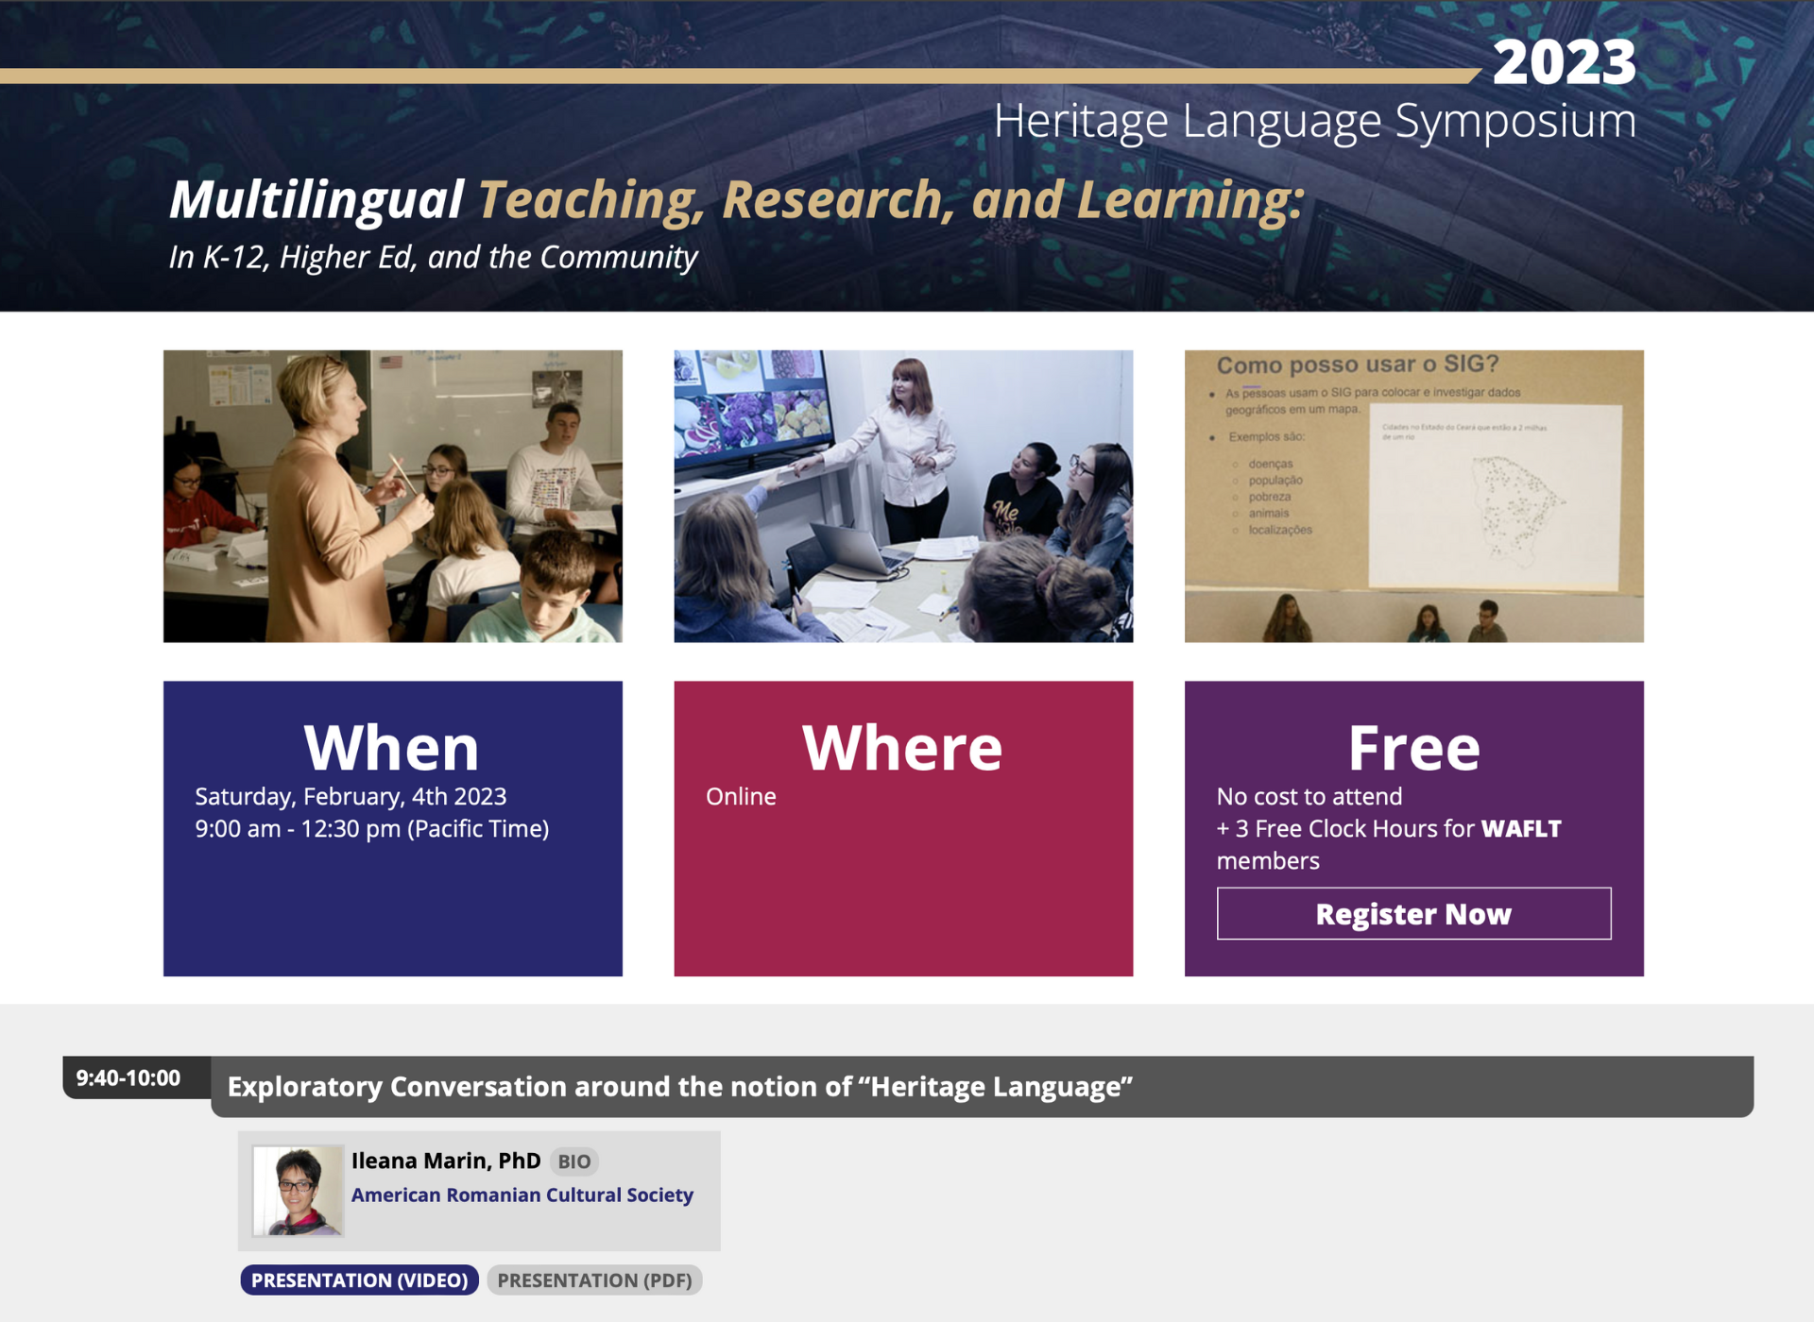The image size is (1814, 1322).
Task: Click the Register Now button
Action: coord(1413,913)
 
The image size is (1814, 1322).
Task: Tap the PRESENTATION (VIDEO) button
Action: coord(359,1280)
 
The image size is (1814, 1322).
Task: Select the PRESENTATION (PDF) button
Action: coord(594,1280)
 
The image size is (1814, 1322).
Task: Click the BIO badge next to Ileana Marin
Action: coord(573,1161)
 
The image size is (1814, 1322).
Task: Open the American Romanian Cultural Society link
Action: coord(522,1195)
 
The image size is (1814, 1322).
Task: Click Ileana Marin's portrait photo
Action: coord(298,1190)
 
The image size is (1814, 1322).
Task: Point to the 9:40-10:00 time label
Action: coord(128,1077)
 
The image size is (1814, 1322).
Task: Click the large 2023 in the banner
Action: coord(1564,62)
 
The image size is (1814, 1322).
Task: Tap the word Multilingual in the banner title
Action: coord(316,200)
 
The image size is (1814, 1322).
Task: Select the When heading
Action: coord(392,747)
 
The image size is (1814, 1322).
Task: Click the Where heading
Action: coord(902,747)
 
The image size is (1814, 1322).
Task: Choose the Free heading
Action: coord(1413,747)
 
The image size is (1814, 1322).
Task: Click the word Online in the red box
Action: coord(741,796)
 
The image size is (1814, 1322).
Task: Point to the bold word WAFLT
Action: coord(1521,828)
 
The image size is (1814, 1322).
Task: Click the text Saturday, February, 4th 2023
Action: coord(351,796)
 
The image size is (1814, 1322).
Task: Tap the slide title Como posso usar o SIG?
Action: coord(1357,364)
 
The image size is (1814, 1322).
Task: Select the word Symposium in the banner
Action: coord(1515,121)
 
